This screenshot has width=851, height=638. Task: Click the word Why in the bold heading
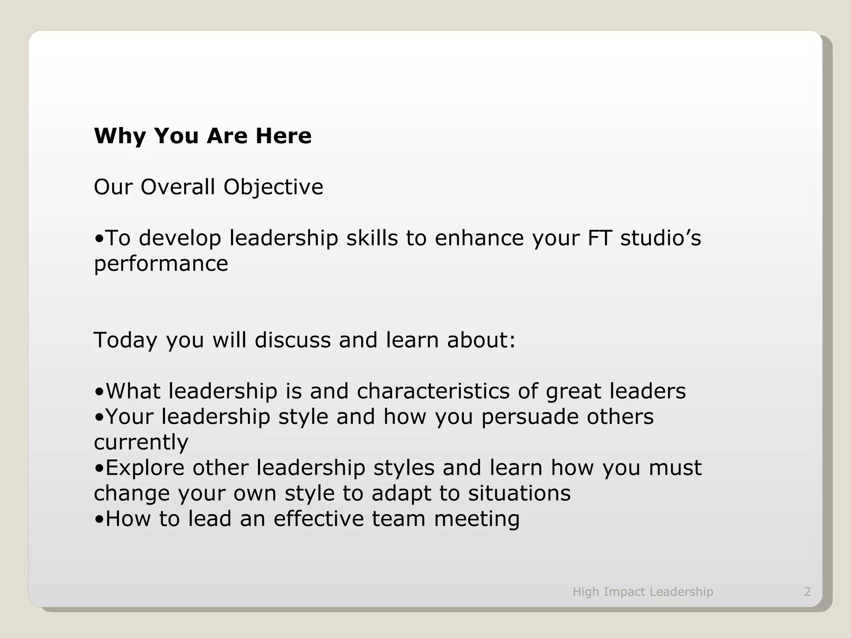point(120,136)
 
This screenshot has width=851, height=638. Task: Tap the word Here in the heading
point(283,136)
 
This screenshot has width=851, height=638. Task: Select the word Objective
point(273,187)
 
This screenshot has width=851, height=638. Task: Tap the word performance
point(161,264)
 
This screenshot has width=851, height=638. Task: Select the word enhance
point(479,238)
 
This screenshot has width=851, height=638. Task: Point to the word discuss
point(293,340)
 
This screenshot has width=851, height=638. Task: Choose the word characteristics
point(433,391)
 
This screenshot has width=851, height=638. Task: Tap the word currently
point(141,442)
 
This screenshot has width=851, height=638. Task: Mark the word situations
point(519,493)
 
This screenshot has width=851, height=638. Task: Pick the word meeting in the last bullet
point(477,519)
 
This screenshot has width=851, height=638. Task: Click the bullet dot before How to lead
point(99,520)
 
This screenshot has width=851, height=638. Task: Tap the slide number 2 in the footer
point(807,591)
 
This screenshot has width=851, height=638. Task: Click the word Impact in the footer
point(624,591)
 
